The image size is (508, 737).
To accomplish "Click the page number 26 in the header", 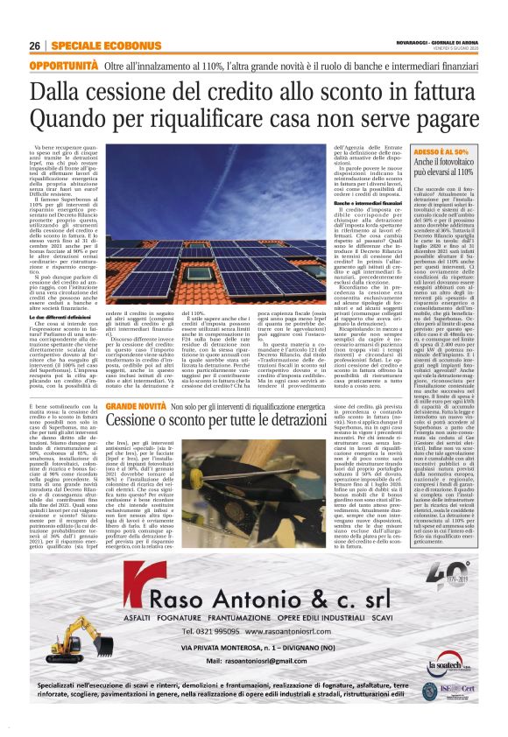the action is pyautogui.click(x=35, y=46).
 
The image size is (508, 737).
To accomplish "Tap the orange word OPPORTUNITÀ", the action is pyautogui.click(x=64, y=66).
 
